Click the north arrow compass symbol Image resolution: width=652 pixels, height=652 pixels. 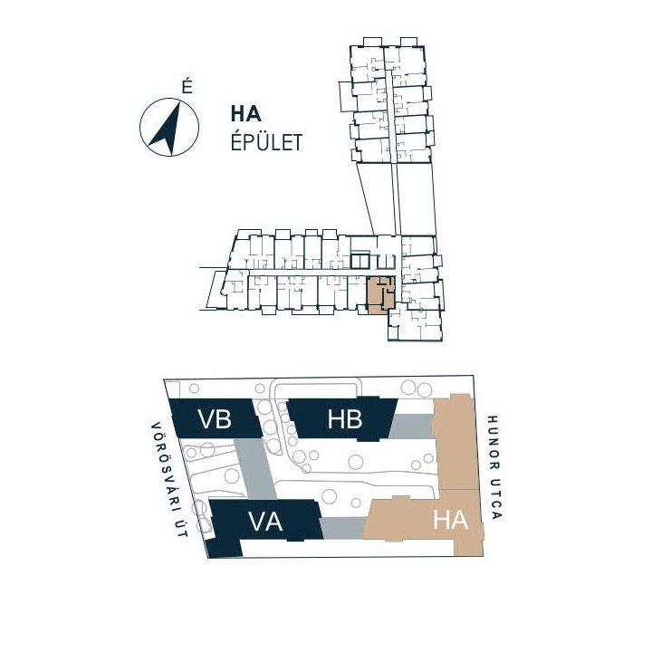click(168, 128)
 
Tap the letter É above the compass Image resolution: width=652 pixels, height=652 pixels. click(187, 87)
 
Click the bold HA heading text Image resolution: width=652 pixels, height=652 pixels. click(245, 114)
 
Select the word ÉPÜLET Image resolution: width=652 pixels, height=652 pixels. click(266, 143)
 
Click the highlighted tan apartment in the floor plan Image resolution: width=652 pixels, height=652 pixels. click(380, 295)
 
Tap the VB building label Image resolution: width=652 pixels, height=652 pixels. click(215, 418)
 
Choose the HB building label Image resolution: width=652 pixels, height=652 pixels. click(345, 419)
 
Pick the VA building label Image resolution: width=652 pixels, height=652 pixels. click(265, 521)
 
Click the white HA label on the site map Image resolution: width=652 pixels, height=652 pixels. click(450, 520)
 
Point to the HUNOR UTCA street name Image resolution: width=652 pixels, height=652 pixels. click(494, 467)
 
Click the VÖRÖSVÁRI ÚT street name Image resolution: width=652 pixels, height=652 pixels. click(169, 479)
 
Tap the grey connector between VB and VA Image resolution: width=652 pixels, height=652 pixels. click(254, 469)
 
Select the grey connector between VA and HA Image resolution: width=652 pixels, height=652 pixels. click(343, 528)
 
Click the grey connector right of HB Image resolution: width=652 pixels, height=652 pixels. click(412, 426)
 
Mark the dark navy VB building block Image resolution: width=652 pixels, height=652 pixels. click(216, 417)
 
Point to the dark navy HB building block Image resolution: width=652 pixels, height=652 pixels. click(342, 419)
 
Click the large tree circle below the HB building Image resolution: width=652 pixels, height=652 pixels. click(356, 462)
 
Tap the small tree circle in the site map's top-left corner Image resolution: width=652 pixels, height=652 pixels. click(194, 388)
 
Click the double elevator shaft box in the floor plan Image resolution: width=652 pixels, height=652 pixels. click(360, 261)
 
